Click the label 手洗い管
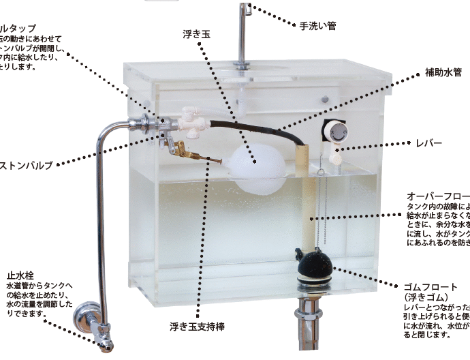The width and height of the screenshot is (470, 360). pos(317,26)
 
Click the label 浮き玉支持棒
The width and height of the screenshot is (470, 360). pos(197,327)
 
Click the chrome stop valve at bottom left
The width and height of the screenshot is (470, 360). pos(94,320)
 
